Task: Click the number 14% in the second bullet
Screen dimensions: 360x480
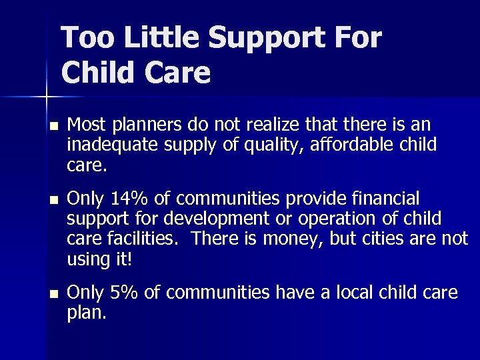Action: [125, 199]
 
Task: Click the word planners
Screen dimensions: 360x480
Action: [146, 125]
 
